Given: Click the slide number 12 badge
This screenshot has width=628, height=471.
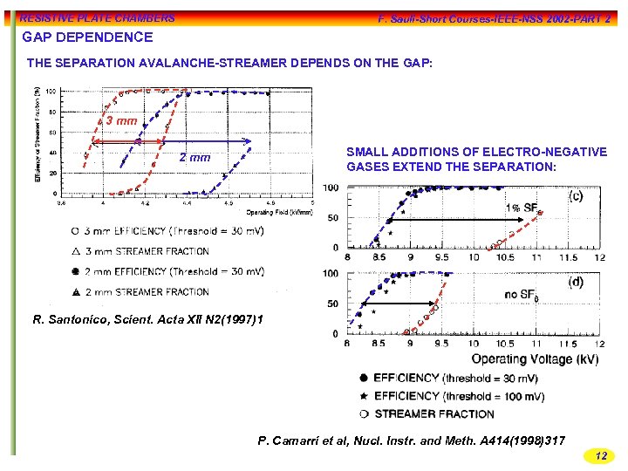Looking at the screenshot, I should coord(600,455).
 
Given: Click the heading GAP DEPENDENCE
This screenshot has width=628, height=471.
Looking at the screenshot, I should coord(87,38).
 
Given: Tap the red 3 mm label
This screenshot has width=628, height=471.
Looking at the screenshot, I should coord(120,120).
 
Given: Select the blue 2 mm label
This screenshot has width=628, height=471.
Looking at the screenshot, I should coord(195,158).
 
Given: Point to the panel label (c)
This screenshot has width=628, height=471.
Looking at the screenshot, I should coord(577,195).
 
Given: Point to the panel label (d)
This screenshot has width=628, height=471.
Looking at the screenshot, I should coord(577,282).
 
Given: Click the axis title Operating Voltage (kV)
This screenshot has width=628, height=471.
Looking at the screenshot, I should coord(535,358).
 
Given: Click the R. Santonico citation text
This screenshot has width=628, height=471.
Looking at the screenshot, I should coord(147,320).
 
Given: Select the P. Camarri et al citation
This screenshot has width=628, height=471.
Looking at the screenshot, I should coord(412,440).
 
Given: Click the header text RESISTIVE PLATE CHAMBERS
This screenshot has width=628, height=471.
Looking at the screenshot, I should coord(97,17).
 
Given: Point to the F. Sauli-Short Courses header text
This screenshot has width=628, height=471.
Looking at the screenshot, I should coord(494,18).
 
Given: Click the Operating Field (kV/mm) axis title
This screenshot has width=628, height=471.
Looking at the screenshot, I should coord(278,212).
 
